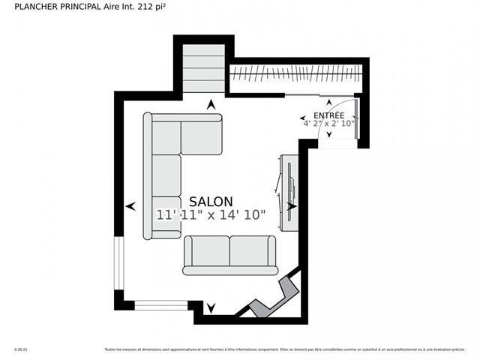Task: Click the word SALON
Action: (x=211, y=202)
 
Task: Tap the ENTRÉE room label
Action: (x=328, y=115)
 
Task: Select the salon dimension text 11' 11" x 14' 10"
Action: (x=211, y=215)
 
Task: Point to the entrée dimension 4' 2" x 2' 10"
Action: (x=328, y=123)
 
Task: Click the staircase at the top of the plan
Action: (x=204, y=68)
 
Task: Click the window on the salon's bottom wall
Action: (x=160, y=305)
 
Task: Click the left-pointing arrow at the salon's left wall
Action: (x=130, y=205)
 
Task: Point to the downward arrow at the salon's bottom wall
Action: (x=211, y=307)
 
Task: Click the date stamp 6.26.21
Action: (x=20, y=349)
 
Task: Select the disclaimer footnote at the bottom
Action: (x=284, y=349)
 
